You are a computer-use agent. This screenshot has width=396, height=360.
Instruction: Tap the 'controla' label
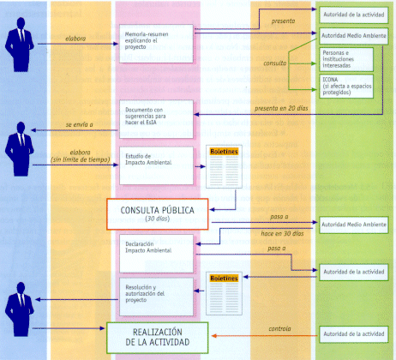(x=279, y=327)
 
